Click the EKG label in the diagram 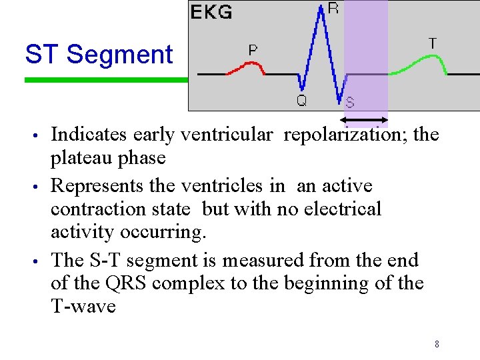point(212,12)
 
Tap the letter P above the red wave point(253,50)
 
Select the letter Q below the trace point(301,101)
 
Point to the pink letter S point(350,103)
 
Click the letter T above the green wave point(433,43)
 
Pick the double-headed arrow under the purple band point(364,121)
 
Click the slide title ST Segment point(99,54)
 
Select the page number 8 point(437,345)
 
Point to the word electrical point(343,209)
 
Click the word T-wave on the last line point(83,307)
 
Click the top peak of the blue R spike point(321,8)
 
